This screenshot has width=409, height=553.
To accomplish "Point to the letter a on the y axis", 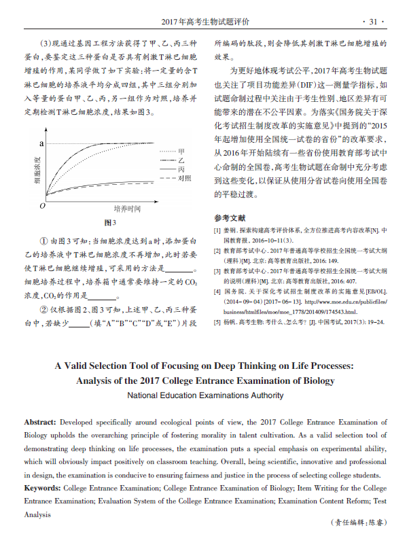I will click(43, 143).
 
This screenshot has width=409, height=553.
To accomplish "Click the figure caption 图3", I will click(110, 223).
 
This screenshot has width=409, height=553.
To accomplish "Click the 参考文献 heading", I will click(230, 218).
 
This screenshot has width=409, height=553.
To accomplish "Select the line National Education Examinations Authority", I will click(204, 395).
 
